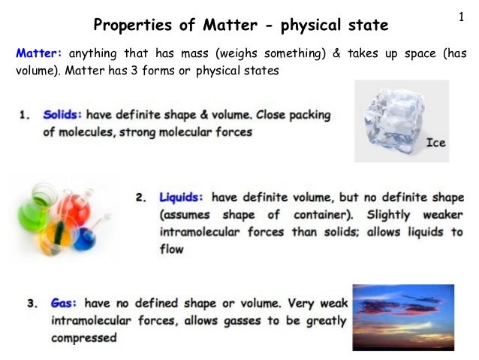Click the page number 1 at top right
[x=459, y=16]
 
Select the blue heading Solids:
[x=62, y=116]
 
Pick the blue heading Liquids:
[x=182, y=198]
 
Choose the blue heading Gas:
[x=65, y=304]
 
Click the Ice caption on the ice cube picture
[x=435, y=142]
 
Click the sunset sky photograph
[x=403, y=316]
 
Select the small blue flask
[x=85, y=239]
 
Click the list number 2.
[x=141, y=198]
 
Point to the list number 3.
[x=32, y=304]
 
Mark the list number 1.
[x=25, y=116]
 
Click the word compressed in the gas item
[x=83, y=337]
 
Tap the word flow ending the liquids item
[x=171, y=249]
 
